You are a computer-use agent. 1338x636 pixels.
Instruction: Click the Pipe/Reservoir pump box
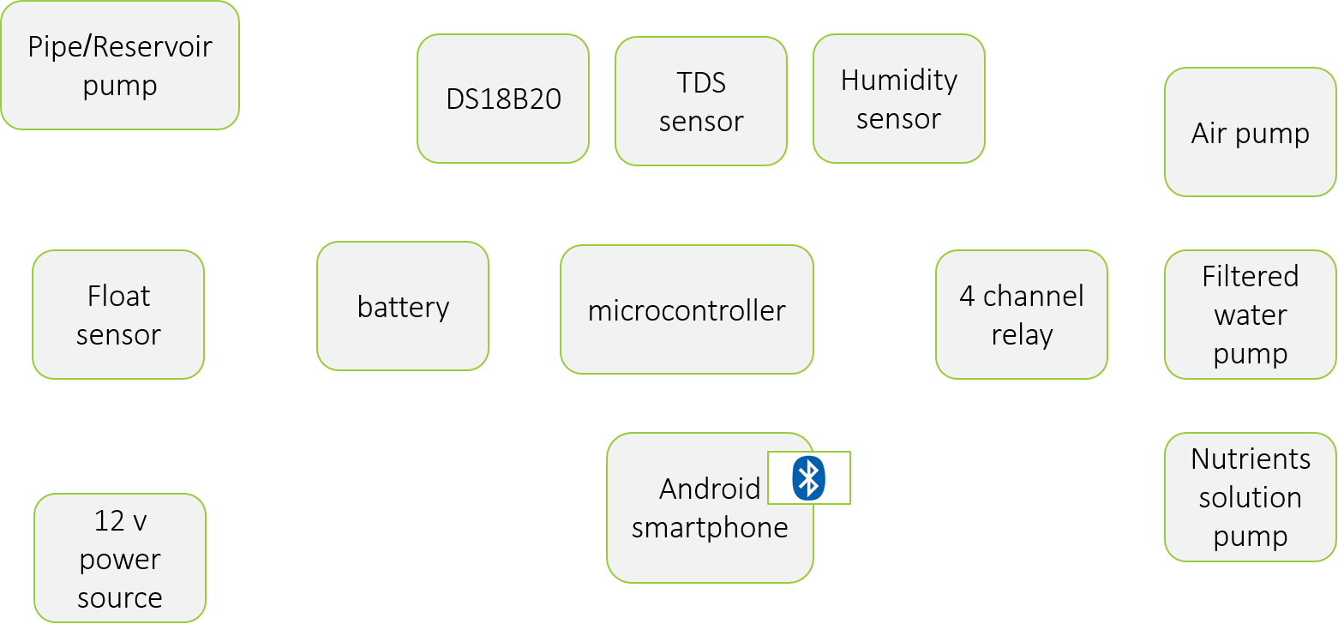coord(119,65)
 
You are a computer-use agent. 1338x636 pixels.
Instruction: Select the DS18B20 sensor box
coord(503,99)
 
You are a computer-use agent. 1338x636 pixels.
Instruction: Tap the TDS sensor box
coord(701,101)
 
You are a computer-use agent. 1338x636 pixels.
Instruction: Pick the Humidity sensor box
coord(898,99)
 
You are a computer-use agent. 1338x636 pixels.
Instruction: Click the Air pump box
coord(1250,133)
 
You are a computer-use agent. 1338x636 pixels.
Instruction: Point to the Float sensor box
coord(118,315)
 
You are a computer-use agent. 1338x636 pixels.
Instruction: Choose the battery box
coord(403,306)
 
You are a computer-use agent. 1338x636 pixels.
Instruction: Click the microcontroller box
coord(687,309)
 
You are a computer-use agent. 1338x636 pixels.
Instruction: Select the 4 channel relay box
coord(1021,315)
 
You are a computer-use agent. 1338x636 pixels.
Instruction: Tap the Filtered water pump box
coord(1250,315)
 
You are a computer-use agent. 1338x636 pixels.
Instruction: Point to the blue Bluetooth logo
coord(808,477)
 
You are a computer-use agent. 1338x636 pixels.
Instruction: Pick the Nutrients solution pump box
coord(1250,497)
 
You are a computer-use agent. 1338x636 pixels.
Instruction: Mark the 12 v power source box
coord(120,558)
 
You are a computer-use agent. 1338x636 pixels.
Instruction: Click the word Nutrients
coord(1250,459)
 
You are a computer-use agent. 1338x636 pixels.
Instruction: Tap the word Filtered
coord(1250,276)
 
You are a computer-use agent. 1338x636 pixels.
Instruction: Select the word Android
coord(710,489)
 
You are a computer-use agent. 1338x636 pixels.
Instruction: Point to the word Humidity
coord(898,80)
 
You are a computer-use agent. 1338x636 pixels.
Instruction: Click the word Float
coord(118,296)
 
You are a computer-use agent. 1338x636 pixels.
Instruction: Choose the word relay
coord(1021,334)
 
